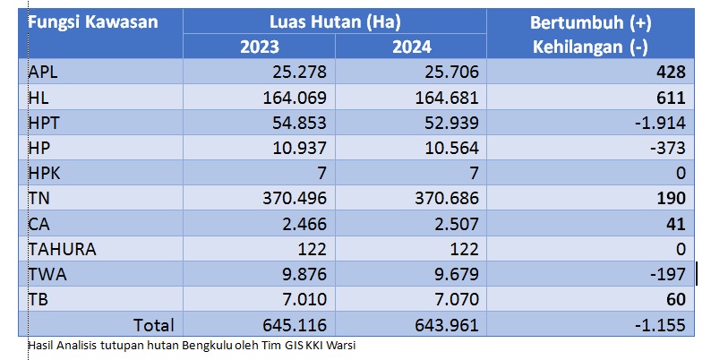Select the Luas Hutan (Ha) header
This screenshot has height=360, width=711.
click(334, 20)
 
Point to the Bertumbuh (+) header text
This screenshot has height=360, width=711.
click(590, 20)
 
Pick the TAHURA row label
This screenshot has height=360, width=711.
click(62, 248)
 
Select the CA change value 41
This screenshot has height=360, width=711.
click(675, 223)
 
